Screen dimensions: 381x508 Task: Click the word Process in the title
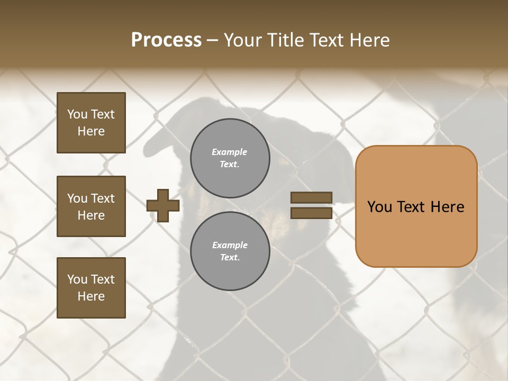[166, 40]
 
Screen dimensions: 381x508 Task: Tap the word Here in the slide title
[370, 40]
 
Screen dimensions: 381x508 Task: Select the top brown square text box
[91, 123]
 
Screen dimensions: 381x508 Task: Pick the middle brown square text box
[91, 206]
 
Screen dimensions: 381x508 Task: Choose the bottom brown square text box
[91, 288]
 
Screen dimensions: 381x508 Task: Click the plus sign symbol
[163, 205]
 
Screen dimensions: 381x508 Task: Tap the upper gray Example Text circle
[230, 158]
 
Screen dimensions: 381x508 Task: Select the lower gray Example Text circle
[230, 251]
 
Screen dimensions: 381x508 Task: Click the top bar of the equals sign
[312, 198]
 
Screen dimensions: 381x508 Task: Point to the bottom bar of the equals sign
[312, 213]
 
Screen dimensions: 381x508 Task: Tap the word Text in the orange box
[411, 207]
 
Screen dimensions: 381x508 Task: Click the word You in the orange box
[379, 207]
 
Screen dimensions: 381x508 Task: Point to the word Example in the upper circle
[230, 152]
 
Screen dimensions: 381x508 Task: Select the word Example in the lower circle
[230, 246]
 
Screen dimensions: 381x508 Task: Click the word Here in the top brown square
[91, 131]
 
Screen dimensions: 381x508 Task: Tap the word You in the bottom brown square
[78, 279]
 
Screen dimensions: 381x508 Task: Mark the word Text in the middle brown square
[103, 198]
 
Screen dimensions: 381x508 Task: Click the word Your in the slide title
[244, 40]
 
